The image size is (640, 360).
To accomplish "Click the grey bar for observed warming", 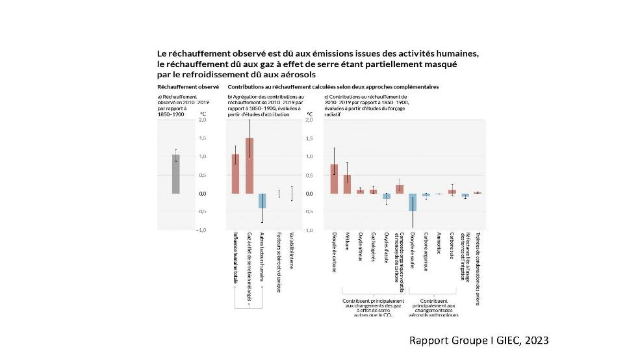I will coord(175,174).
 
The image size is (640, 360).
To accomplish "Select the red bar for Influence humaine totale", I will coord(235,174).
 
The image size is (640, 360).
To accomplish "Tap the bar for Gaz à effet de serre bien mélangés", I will coord(249,166).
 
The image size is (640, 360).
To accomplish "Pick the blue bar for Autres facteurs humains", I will coord(262,201).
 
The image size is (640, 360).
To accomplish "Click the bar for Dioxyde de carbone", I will coord(334,179).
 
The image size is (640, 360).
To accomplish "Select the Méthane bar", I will coord(347,184).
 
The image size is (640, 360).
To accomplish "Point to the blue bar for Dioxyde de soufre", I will coord(413,202).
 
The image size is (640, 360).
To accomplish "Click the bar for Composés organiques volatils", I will coord(400,189).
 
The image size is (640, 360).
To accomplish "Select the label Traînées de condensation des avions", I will coord(478,266).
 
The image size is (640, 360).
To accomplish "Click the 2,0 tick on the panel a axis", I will coord(202,120).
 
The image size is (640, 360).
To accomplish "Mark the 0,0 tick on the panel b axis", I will coord(309,194).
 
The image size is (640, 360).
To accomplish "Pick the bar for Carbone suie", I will coord(452,192).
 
